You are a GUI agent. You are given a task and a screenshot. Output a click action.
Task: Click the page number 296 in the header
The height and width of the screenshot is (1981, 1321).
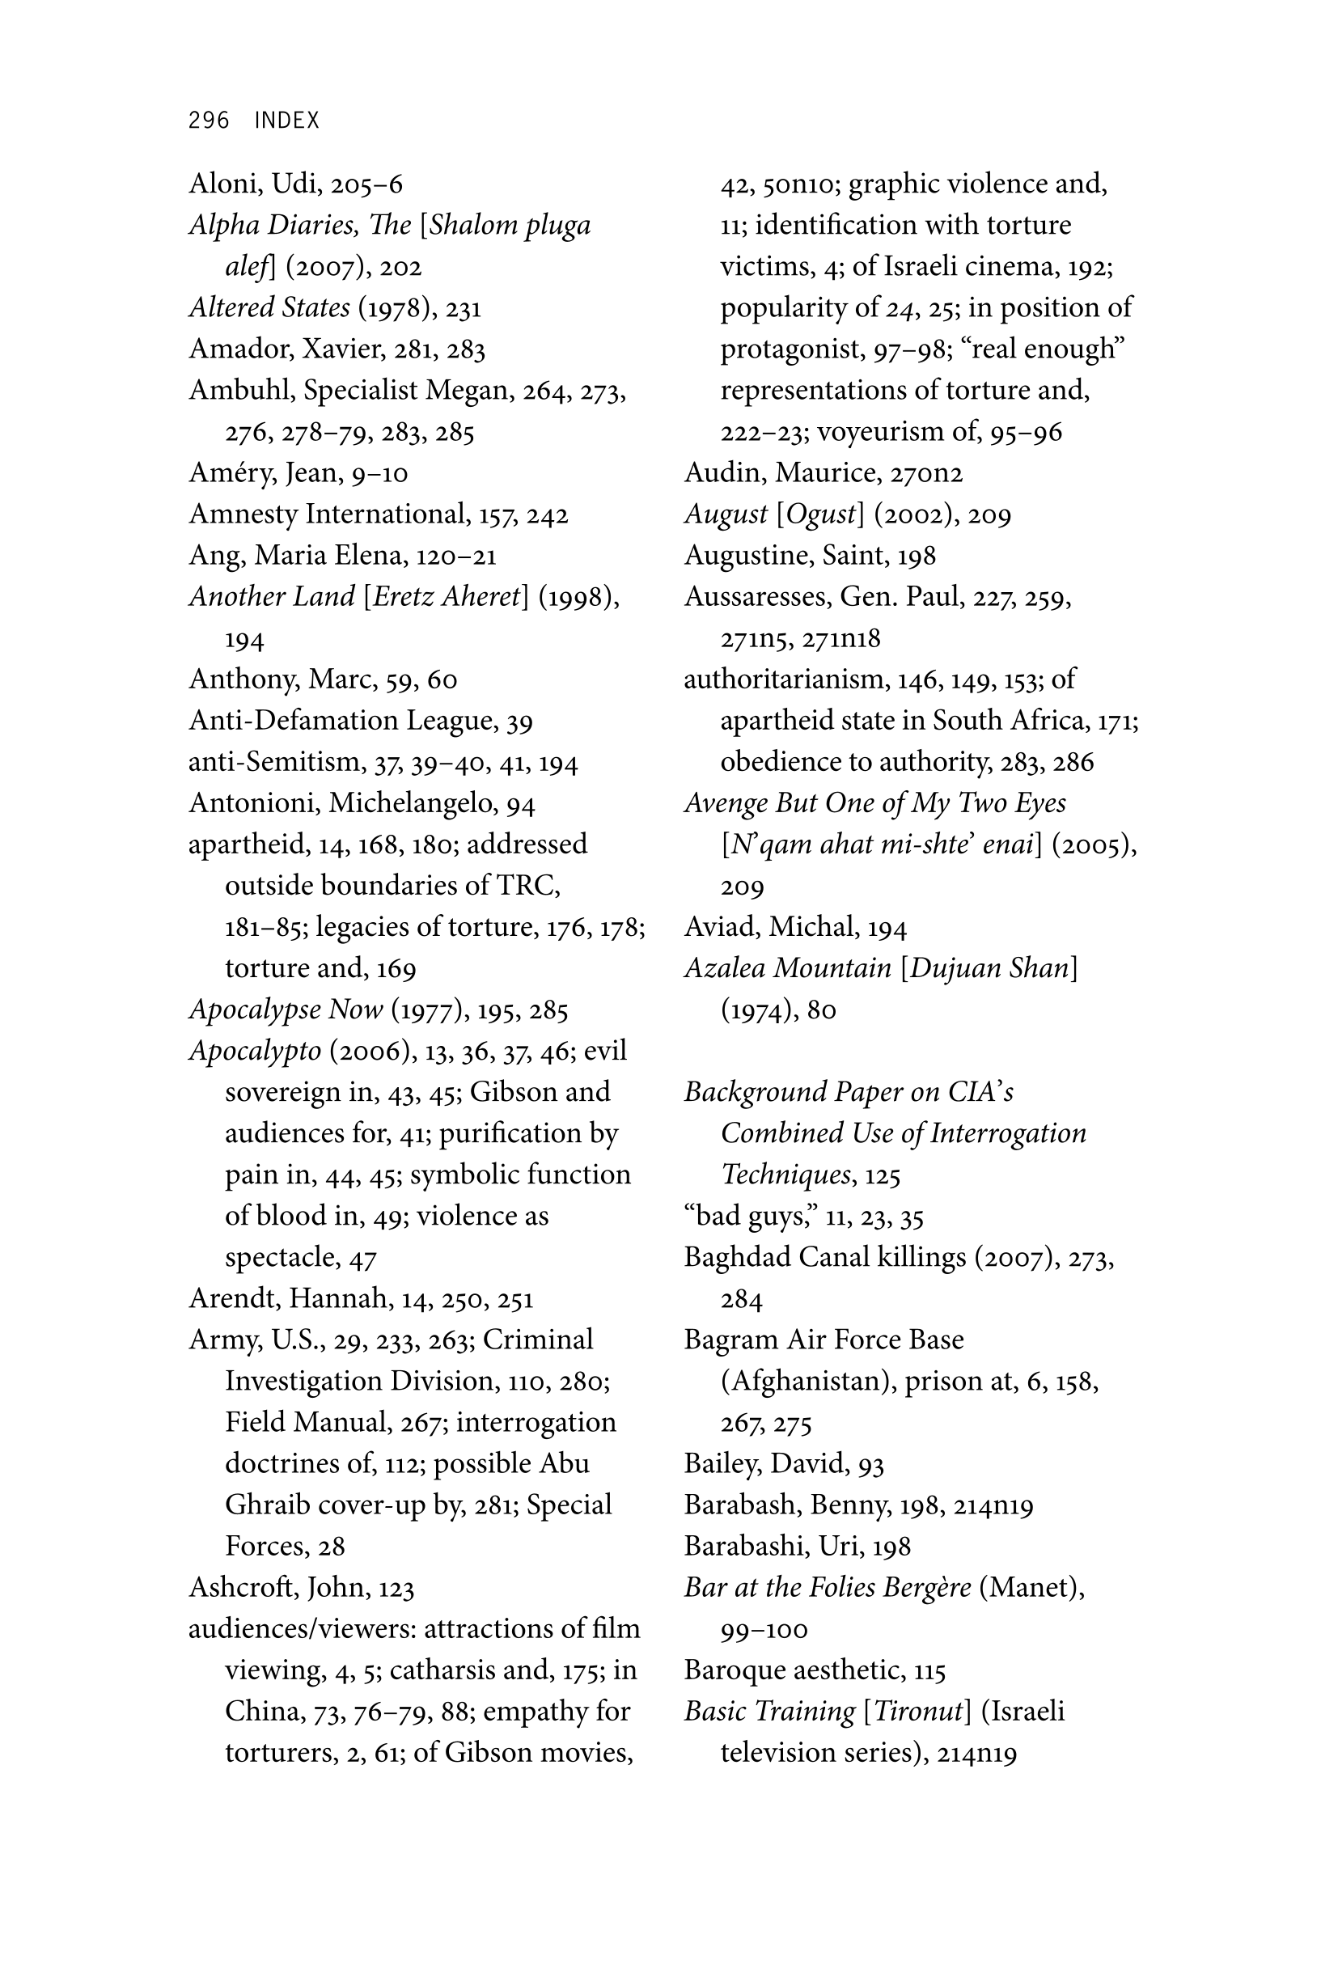[208, 121]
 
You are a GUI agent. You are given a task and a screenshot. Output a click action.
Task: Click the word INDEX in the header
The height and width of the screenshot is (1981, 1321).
[286, 121]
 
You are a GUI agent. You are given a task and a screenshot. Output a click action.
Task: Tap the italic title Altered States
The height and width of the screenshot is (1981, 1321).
[269, 307]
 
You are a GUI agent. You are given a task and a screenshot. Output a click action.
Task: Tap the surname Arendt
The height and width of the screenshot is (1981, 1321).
[235, 1298]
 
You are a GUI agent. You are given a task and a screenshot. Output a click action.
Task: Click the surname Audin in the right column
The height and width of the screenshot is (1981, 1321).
[725, 472]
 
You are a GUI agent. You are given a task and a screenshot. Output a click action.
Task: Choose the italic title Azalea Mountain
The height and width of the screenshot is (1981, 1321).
[787, 967]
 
